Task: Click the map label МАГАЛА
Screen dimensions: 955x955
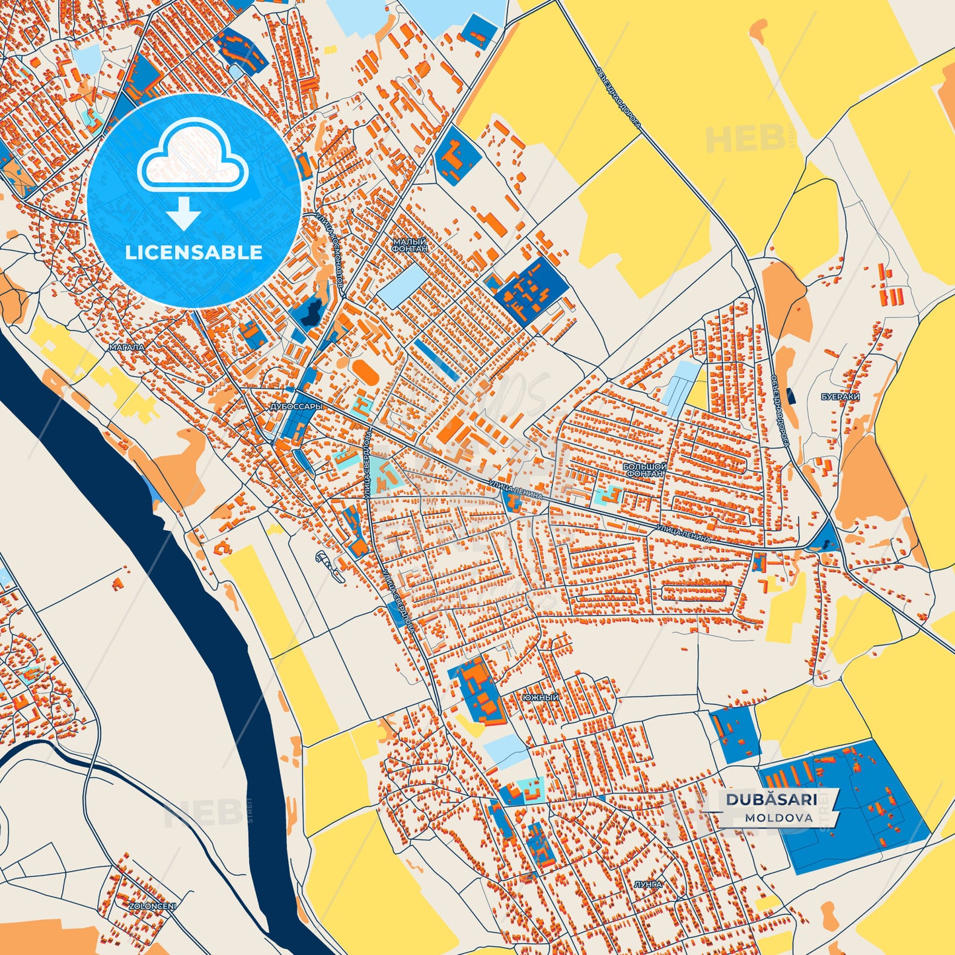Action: [x=127, y=346]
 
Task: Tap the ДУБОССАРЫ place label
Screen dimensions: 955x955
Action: [x=297, y=407]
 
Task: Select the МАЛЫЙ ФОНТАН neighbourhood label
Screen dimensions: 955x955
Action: [x=410, y=245]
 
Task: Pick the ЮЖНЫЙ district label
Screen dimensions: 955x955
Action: [x=540, y=698]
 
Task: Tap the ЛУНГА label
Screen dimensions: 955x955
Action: [x=647, y=884]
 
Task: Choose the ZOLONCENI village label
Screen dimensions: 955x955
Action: [x=153, y=906]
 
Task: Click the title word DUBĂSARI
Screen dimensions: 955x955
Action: [x=771, y=799]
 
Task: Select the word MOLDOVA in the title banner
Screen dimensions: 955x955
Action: [x=779, y=818]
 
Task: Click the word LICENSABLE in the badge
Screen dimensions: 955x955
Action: [x=194, y=252]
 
